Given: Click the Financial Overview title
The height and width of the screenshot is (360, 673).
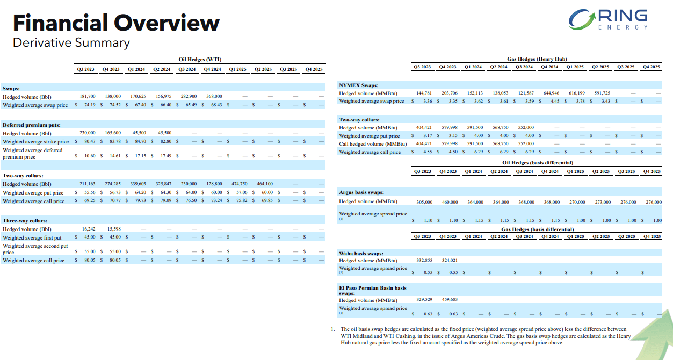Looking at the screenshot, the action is (x=116, y=23).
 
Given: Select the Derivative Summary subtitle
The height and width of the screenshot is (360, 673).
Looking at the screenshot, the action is (x=71, y=42).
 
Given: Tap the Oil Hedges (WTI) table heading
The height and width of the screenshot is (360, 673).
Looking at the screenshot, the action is (x=200, y=59).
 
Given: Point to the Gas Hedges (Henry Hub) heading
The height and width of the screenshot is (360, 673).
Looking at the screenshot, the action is (x=537, y=59).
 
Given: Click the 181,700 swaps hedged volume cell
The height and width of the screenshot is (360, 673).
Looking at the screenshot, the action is (x=88, y=96).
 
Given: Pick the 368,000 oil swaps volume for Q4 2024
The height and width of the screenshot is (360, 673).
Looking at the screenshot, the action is (x=214, y=96).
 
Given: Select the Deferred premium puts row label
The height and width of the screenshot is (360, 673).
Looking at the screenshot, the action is (x=32, y=125).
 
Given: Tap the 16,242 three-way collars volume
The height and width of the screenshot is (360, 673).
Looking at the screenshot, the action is (x=89, y=229).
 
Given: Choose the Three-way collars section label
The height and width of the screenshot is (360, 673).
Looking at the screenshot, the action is (x=25, y=220).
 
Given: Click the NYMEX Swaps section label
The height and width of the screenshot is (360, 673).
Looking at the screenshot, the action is (x=359, y=85).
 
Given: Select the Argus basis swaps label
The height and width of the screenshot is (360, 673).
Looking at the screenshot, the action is (x=361, y=192).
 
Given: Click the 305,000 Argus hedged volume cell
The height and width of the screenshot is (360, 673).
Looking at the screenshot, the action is (x=424, y=202).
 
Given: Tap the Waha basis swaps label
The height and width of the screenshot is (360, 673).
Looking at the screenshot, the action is (x=361, y=253).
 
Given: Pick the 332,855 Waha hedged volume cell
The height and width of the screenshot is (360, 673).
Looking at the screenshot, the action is (x=424, y=260).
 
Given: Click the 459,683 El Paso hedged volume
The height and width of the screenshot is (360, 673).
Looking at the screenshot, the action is (x=449, y=300).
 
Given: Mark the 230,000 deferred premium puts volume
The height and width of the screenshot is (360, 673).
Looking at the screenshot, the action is (x=88, y=133).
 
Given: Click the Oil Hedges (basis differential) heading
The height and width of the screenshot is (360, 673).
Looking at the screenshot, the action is (x=538, y=162).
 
